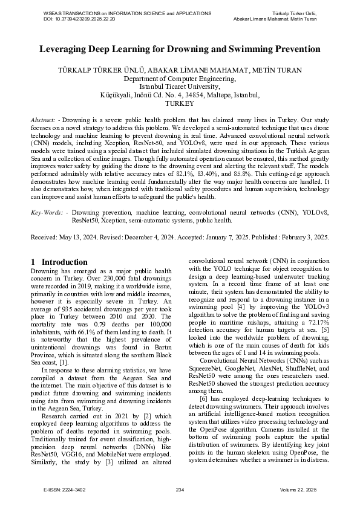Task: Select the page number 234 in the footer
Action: [x=180, y=489]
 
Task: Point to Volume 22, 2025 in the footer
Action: [x=298, y=489]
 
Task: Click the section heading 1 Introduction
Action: [x=59, y=262]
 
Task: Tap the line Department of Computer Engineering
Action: [x=180, y=79]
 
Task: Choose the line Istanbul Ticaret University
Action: [x=180, y=86]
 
